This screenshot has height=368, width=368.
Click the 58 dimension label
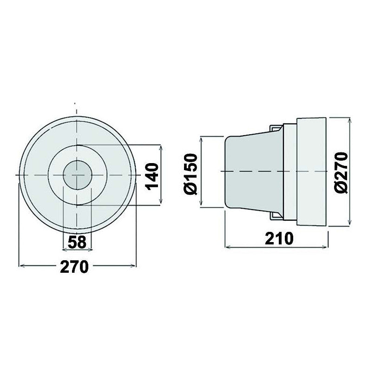click(77, 242)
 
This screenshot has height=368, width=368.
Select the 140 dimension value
click(152, 175)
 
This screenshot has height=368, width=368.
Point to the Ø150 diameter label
click(191, 173)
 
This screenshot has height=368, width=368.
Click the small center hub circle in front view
click(77, 175)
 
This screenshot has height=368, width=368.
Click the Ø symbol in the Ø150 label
click(191, 188)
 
